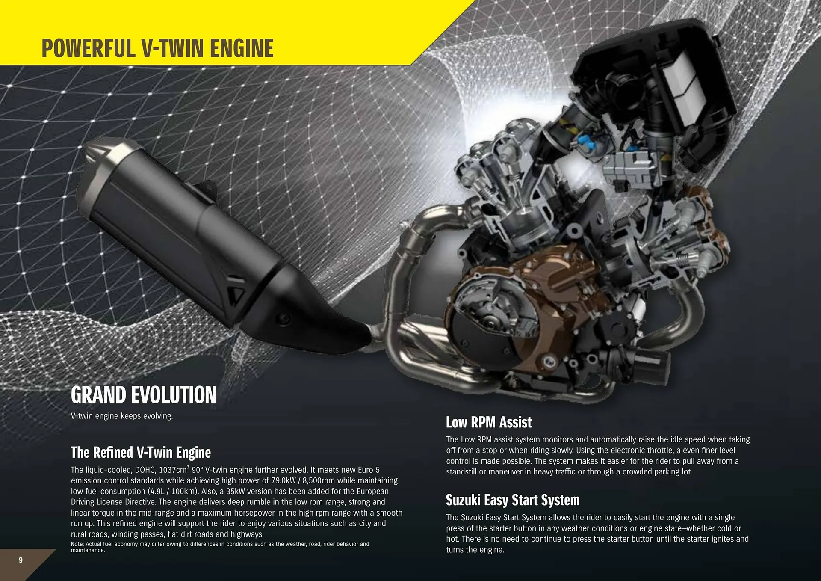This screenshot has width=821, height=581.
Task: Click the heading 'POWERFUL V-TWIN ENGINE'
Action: click(157, 48)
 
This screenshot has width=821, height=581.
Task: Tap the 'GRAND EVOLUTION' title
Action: click(144, 395)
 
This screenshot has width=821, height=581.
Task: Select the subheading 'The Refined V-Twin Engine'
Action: click(141, 453)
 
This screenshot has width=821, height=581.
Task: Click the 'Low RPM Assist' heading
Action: click(489, 422)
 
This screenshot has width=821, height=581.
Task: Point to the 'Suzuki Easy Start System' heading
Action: click(513, 500)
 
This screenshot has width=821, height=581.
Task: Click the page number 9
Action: click(21, 560)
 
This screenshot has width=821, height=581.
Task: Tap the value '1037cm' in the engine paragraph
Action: click(173, 470)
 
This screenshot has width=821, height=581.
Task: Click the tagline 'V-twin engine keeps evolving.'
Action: click(122, 416)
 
